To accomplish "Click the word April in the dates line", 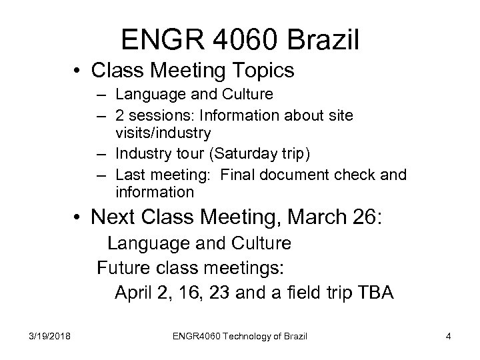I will [x=135, y=292].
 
